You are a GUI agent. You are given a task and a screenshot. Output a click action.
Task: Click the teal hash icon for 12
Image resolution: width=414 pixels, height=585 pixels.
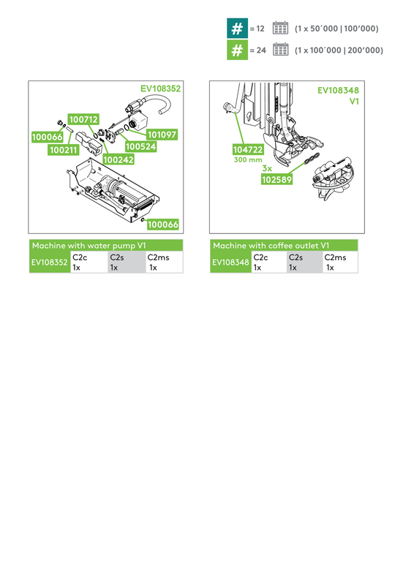(236, 29)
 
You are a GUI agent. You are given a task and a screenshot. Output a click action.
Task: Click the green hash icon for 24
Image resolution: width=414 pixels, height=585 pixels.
(236, 50)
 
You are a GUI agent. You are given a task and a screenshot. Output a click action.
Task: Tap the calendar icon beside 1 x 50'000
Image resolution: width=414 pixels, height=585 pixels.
(279, 29)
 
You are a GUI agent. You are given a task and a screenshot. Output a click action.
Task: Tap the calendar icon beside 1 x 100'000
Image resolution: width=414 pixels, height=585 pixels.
(279, 50)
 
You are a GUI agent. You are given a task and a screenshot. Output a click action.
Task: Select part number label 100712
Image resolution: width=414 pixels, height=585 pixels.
(83, 118)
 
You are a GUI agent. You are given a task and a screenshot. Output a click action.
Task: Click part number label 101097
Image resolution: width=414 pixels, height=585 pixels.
(162, 135)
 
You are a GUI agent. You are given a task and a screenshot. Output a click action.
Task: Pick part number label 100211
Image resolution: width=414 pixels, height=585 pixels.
(64, 150)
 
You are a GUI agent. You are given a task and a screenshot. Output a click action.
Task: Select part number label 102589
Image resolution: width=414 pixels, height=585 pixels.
(278, 178)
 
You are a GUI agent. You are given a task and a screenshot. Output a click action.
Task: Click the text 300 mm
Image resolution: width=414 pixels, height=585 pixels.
(247, 159)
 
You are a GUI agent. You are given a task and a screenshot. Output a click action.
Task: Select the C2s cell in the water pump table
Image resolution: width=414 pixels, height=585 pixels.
(125, 263)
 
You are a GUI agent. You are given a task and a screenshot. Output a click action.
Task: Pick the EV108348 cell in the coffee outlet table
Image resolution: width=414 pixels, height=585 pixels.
(230, 263)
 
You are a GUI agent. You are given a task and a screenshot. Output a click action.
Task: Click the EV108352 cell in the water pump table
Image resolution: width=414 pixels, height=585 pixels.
(49, 263)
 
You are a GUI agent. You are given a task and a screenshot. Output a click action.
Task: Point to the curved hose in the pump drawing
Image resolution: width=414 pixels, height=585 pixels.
(162, 103)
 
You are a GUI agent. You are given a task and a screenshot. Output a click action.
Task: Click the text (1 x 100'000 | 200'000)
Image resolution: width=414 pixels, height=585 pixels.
(338, 50)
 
